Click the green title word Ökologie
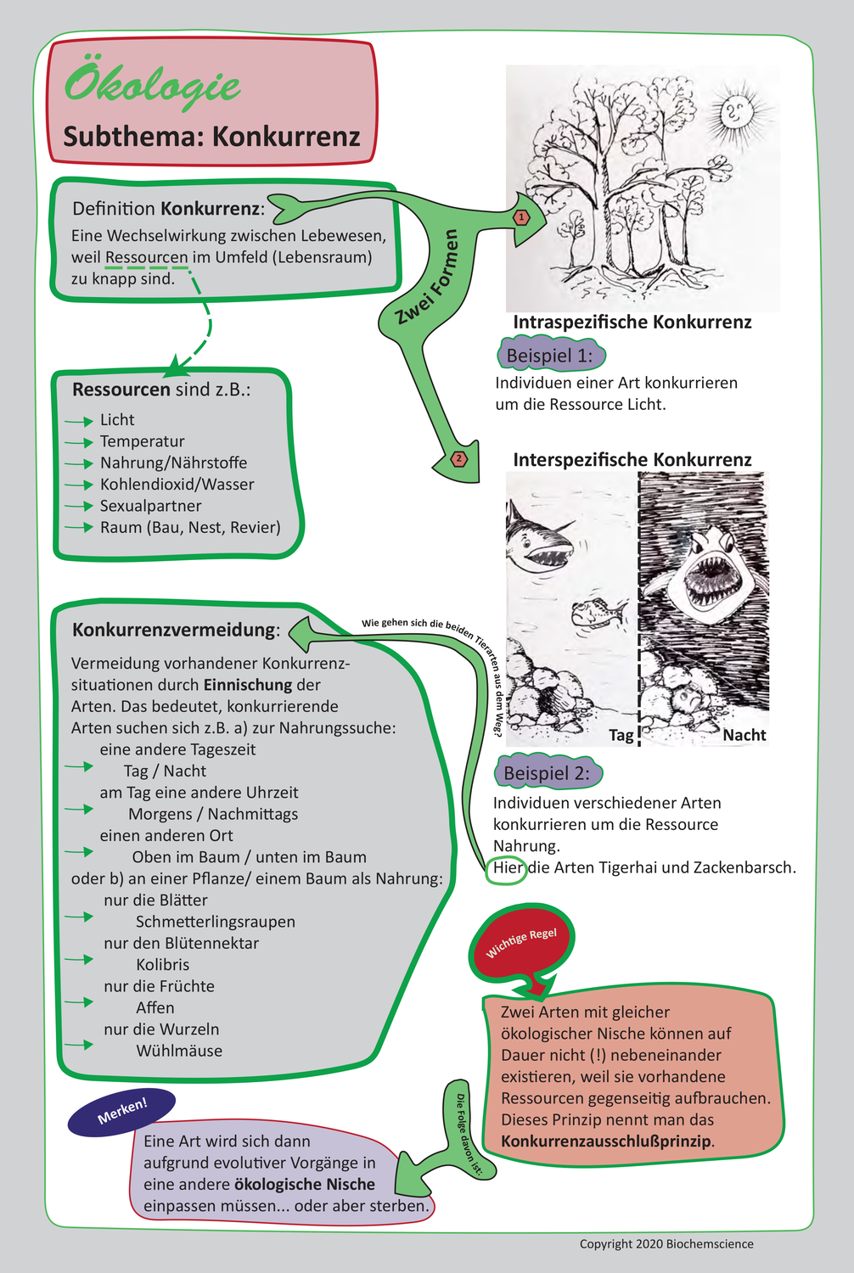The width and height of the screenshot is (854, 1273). pyautogui.click(x=152, y=85)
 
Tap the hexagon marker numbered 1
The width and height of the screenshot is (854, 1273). pyautogui.click(x=521, y=217)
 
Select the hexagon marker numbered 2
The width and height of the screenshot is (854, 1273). pyautogui.click(x=459, y=459)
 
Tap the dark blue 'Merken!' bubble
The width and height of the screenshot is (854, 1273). pyautogui.click(x=122, y=1111)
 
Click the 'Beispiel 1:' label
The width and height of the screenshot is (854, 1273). pyautogui.click(x=549, y=356)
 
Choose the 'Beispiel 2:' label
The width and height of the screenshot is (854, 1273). pyautogui.click(x=547, y=773)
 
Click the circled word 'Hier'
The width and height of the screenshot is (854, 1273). pyautogui.click(x=508, y=867)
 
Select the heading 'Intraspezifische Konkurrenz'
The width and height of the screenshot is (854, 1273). pyautogui.click(x=632, y=322)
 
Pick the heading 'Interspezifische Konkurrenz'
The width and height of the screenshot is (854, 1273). pyautogui.click(x=632, y=460)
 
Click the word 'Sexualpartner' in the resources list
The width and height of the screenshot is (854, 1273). pyautogui.click(x=150, y=506)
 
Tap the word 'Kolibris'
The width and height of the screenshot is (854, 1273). pyautogui.click(x=163, y=964)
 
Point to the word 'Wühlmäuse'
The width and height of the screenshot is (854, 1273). pyautogui.click(x=179, y=1051)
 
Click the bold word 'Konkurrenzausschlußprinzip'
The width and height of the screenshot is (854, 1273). pyautogui.click(x=606, y=1141)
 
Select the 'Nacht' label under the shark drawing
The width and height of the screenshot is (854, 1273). pyautogui.click(x=744, y=735)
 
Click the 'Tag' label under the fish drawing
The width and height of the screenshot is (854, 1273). pyautogui.click(x=621, y=735)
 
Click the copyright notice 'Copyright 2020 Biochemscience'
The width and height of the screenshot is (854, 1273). pyautogui.click(x=666, y=1244)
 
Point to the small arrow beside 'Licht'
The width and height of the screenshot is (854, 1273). pyautogui.click(x=79, y=421)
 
